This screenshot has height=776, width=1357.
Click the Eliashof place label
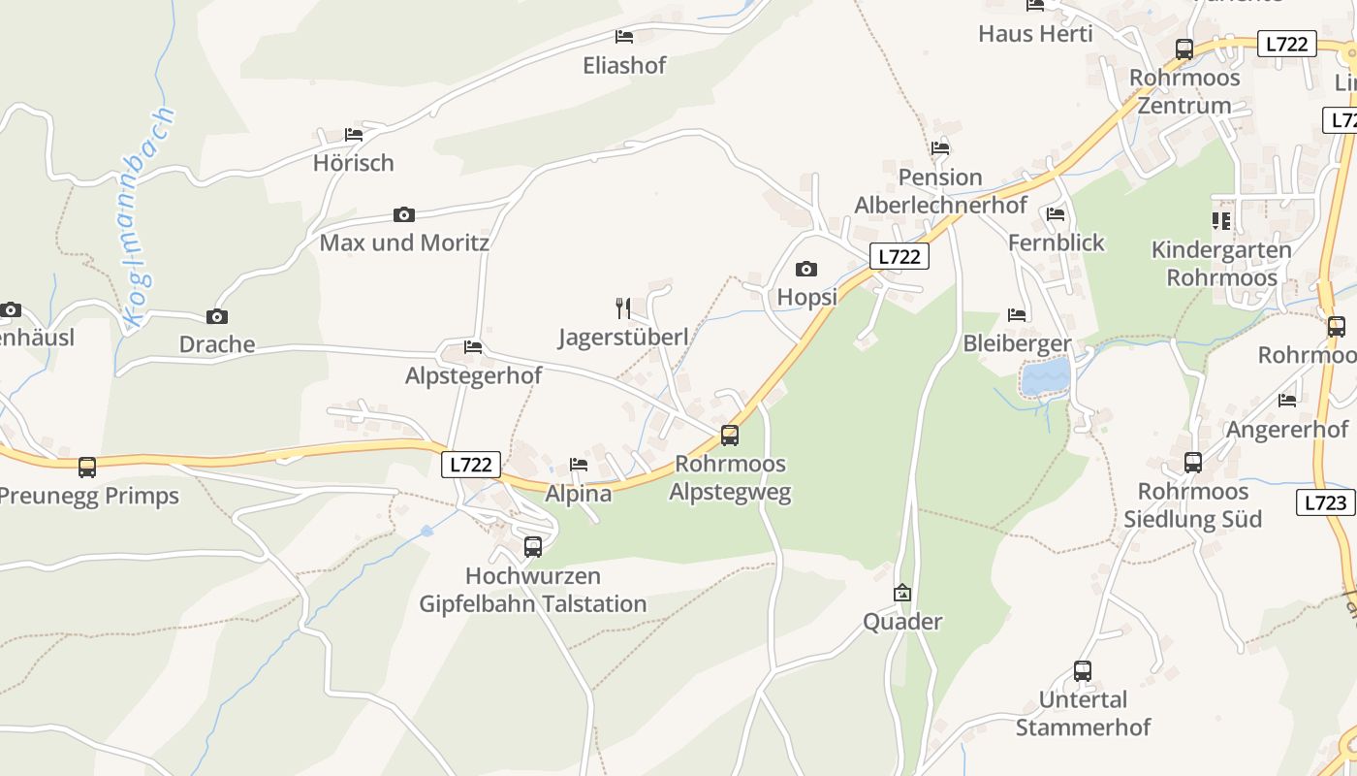point(624,65)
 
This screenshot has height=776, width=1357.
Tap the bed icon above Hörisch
point(354,135)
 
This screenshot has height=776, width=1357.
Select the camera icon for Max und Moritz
point(404,214)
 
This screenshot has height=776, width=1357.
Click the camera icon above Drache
point(217,316)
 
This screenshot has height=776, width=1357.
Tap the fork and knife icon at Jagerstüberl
point(623,308)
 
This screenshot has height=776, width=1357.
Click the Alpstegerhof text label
point(473,375)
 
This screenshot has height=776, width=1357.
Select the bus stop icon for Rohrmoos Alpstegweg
point(730,436)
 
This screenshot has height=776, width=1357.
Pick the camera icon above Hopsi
point(805,269)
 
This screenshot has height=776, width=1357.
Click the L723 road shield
point(1325,502)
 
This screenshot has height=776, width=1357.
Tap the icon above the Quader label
point(902,593)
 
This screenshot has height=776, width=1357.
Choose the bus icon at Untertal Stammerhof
point(1083,670)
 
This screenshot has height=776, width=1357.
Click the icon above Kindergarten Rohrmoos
point(1221,221)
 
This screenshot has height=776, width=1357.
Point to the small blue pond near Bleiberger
point(1046,376)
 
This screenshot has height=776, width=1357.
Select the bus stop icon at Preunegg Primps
point(87,468)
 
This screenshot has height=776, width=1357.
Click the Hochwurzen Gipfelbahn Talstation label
point(532,590)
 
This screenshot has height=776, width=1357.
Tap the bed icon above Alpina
point(579,465)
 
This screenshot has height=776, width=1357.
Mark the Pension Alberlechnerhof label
point(940,191)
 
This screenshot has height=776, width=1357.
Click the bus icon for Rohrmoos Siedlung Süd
point(1193,463)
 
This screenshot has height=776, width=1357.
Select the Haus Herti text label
point(1035,34)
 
